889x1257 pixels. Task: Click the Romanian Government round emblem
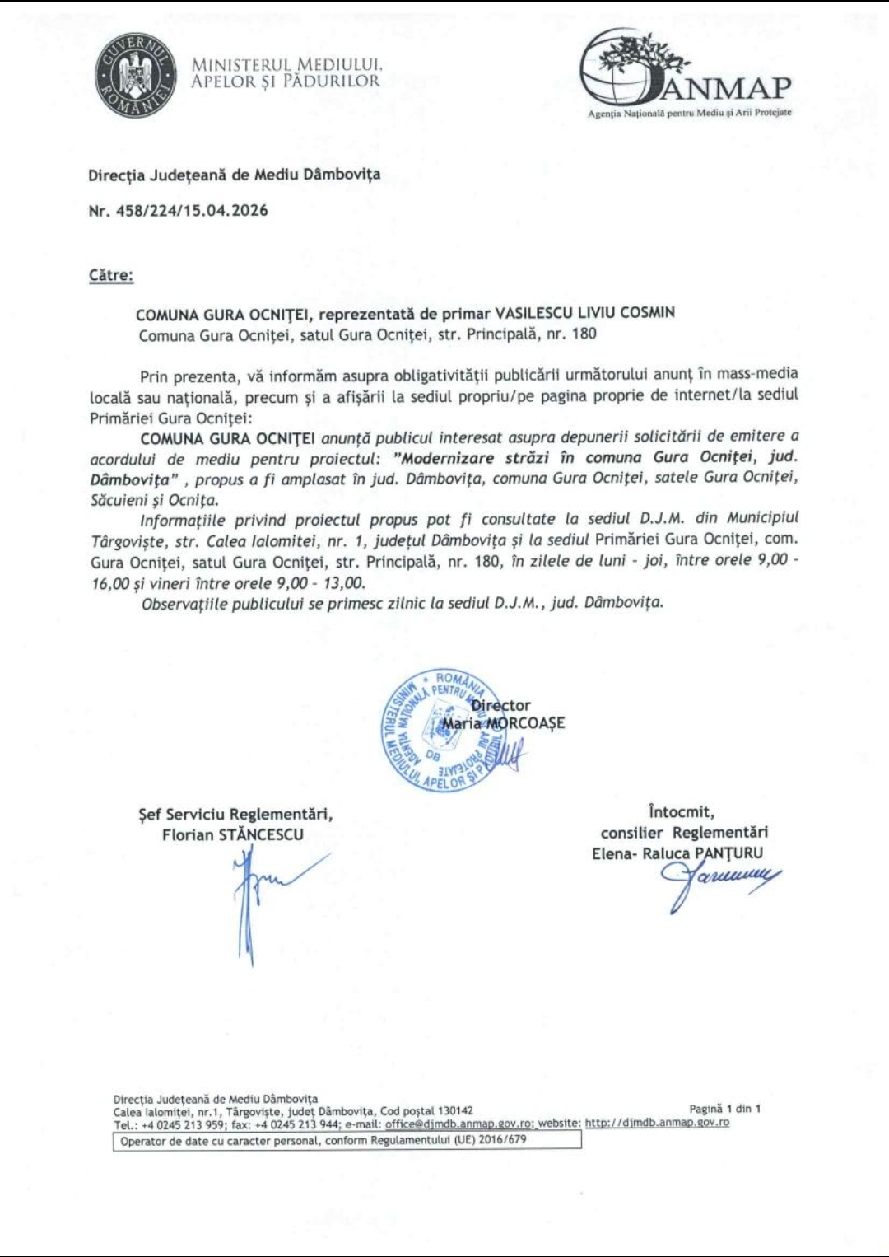pos(136,76)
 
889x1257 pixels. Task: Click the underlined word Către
pos(111,275)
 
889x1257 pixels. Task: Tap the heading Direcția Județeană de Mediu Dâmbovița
pos(235,175)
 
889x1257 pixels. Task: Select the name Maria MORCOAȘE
pos(504,723)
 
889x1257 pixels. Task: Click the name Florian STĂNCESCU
pos(233,834)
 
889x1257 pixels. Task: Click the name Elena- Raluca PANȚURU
pos(677,853)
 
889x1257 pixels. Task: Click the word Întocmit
pos(682,812)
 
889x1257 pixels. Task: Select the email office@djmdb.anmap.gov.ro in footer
pos(458,1123)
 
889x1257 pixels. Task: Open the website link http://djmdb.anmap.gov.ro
pos(657,1123)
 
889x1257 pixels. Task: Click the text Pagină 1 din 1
pos(724,1109)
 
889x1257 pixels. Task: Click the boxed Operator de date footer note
pos(347,1141)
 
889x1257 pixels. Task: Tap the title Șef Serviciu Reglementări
pos(235,815)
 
